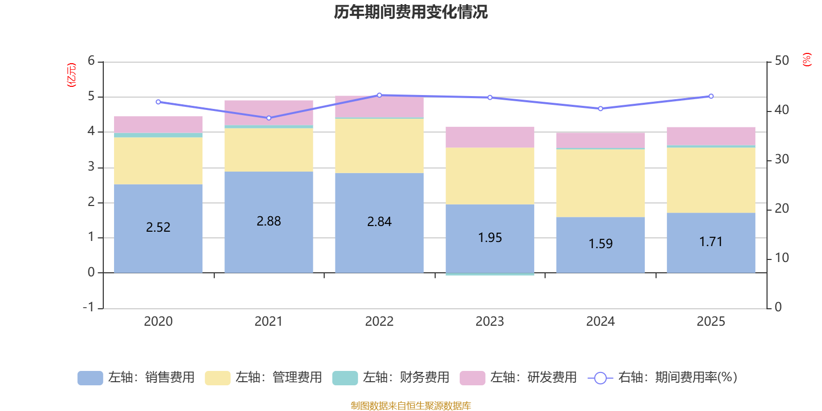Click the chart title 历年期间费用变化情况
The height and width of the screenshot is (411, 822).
[410, 12]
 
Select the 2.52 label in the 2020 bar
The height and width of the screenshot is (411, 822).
[158, 227]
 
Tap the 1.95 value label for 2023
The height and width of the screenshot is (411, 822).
[490, 237]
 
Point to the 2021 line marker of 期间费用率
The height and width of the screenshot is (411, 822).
[269, 118]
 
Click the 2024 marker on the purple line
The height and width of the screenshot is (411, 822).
[601, 108]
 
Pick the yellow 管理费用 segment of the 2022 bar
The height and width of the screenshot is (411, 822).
[379, 146]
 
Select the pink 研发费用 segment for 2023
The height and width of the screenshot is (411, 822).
[490, 137]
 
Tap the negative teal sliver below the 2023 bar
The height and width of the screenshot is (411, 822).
[490, 274]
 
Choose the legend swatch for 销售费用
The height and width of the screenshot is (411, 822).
[90, 378]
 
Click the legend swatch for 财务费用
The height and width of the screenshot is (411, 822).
[345, 378]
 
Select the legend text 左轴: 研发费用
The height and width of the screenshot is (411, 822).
[533, 378]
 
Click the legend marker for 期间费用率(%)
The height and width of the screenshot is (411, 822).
[600, 378]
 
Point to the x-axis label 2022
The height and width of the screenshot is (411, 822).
[379, 321]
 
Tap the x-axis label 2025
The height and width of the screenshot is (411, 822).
[711, 321]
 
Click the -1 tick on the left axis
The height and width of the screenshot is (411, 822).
[89, 307]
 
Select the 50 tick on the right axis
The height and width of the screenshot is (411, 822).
[781, 61]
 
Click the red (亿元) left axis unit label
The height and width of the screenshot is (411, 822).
[71, 75]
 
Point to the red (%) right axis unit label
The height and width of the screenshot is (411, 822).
[807, 60]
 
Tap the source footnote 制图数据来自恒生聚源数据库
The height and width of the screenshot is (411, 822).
[410, 406]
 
